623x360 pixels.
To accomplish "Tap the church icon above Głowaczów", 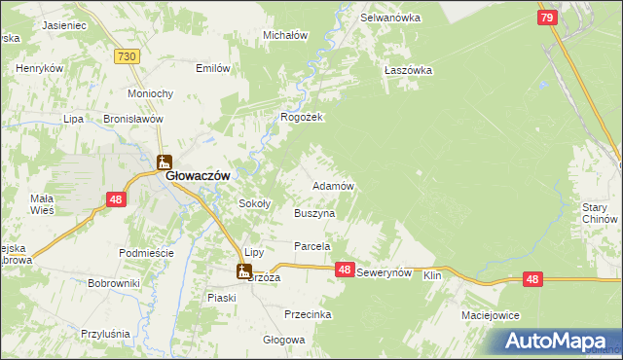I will coord(164,162).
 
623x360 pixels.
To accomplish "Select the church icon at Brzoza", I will coord(243,272).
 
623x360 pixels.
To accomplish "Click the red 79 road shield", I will coord(547,18).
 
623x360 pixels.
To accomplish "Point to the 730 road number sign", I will coord(125,58).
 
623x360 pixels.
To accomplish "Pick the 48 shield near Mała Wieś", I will coord(116,199).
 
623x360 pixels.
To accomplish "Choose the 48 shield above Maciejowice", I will coord(531,279).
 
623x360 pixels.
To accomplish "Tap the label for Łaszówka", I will coord(407,70).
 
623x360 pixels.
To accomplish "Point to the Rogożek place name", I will coord(301,117).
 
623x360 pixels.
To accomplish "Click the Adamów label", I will coord(331,185).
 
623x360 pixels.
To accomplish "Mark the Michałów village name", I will coord(285,35).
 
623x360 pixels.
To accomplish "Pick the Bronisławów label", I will coord(131,119).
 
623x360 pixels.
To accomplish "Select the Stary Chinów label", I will coord(600,213).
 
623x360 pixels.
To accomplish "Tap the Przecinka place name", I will coord(308,314).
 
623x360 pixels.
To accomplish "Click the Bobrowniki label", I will coord(114,283).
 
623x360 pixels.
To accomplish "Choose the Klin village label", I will coord(432,275).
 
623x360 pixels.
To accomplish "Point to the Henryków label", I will coord(40,69).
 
